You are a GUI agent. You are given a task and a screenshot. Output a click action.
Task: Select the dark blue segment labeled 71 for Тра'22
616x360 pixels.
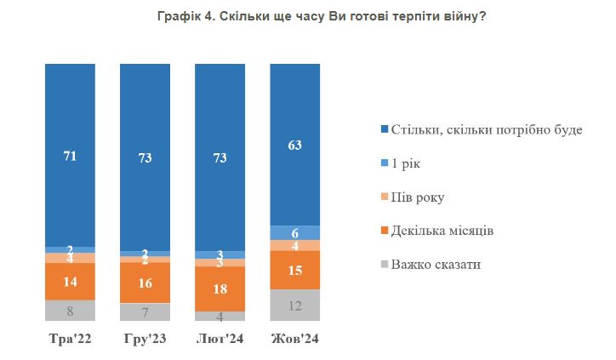(x=70, y=155)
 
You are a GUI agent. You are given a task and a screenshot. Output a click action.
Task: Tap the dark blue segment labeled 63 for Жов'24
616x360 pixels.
(x=294, y=145)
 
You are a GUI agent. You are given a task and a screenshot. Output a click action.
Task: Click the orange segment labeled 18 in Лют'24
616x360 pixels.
(x=220, y=289)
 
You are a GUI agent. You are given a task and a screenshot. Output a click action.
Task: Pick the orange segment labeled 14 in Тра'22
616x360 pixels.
(x=70, y=282)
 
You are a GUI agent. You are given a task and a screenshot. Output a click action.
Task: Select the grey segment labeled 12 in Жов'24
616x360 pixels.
(x=294, y=305)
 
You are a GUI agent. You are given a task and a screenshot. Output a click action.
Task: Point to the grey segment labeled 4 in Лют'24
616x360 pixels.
(x=220, y=316)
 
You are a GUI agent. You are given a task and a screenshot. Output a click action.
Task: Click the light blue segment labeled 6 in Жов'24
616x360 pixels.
(x=294, y=232)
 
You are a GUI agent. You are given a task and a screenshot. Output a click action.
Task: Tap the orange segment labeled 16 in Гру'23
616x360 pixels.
(x=145, y=283)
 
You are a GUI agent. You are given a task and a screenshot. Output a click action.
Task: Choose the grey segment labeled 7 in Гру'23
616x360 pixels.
(x=145, y=311)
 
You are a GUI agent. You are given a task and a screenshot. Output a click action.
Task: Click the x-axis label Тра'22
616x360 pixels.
(x=70, y=339)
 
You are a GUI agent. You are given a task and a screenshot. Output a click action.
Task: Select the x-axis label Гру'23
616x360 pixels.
(x=145, y=339)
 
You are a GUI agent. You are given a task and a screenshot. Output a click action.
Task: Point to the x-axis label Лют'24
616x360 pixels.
(x=220, y=339)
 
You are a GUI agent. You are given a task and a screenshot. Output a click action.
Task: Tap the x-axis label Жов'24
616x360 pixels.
(x=294, y=339)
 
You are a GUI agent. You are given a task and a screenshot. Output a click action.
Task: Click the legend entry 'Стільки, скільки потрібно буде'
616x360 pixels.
(x=486, y=129)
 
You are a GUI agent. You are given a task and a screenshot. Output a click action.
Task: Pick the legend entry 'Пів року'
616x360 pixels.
(x=416, y=197)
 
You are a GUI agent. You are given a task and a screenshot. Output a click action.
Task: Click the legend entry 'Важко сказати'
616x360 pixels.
(x=435, y=264)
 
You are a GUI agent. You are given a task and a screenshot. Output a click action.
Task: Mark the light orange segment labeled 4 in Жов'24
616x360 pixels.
(x=294, y=246)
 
